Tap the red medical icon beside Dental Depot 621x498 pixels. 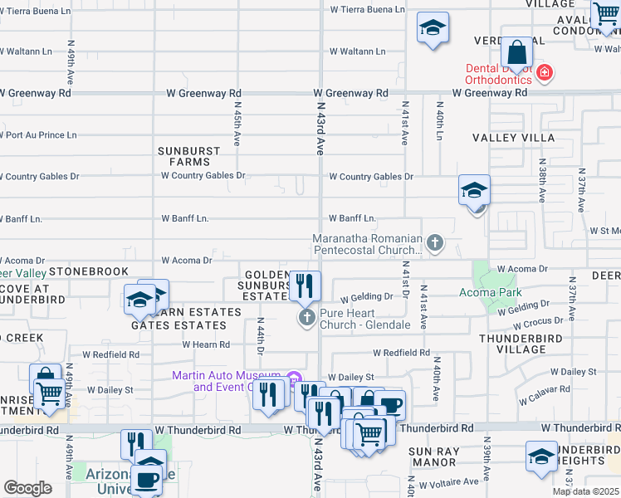click(545, 73)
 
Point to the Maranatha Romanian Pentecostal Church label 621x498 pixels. click(368, 244)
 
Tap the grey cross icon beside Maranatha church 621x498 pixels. click(434, 243)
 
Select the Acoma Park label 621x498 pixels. click(491, 291)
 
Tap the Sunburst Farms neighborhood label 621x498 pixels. click(189, 156)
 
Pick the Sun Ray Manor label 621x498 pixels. click(433, 456)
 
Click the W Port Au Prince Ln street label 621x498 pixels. click(37, 134)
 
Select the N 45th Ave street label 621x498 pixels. click(237, 125)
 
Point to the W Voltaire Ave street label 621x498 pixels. click(448, 483)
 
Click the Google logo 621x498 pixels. click(27, 488)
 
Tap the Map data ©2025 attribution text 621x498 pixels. click(584, 491)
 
